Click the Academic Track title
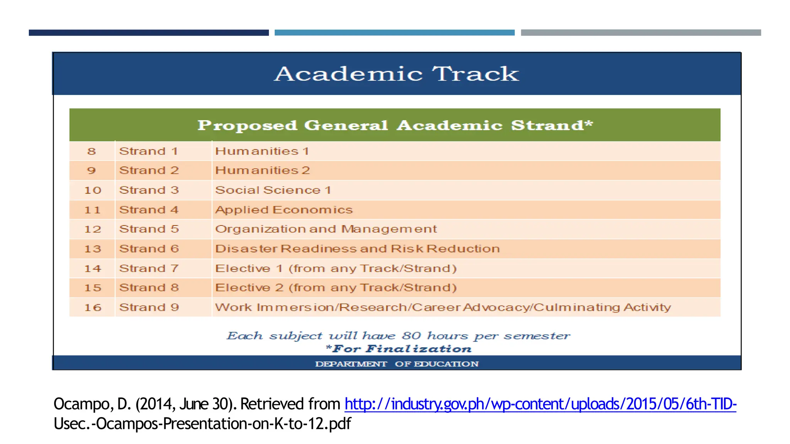[x=396, y=74]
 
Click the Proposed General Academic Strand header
[x=395, y=125]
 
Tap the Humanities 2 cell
[x=262, y=170]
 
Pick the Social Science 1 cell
[x=273, y=190]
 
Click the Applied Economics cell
[x=284, y=210]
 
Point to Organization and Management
[x=326, y=229]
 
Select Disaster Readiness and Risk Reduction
[x=357, y=249]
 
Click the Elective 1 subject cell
[x=336, y=268]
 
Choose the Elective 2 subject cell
[x=336, y=288]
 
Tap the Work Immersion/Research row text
[x=443, y=307]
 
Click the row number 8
[x=91, y=151]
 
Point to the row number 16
[x=93, y=307]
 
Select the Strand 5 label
[x=149, y=229]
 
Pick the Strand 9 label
[x=149, y=307]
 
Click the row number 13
[x=93, y=249]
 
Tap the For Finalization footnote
[x=398, y=349]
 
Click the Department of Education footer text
[x=397, y=364]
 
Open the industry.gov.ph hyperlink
[x=540, y=404]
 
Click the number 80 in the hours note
[x=412, y=336]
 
